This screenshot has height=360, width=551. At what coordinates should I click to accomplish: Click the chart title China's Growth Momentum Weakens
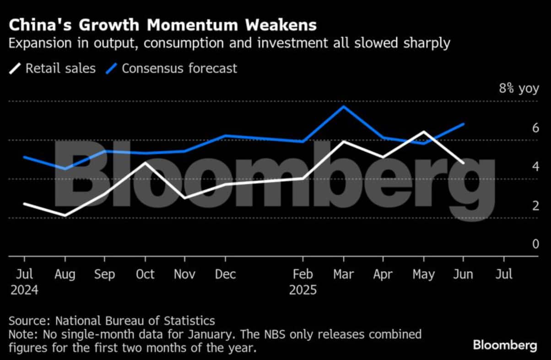162,24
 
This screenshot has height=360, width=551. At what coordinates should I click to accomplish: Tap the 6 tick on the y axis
523,128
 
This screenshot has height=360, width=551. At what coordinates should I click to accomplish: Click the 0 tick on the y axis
523,244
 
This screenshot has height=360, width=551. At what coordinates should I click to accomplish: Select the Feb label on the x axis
303,274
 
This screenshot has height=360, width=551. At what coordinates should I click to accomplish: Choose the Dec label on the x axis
225,274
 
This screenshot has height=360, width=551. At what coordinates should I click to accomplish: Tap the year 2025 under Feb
303,290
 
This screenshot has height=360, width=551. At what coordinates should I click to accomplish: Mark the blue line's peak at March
343,106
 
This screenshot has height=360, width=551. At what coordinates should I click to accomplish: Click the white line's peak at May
424,132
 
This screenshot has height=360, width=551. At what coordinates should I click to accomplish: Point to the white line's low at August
65,215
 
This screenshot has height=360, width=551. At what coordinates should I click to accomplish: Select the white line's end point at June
464,163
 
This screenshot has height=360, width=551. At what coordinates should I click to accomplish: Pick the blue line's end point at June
464,124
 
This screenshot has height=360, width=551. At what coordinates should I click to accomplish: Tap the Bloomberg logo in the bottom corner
505,345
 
